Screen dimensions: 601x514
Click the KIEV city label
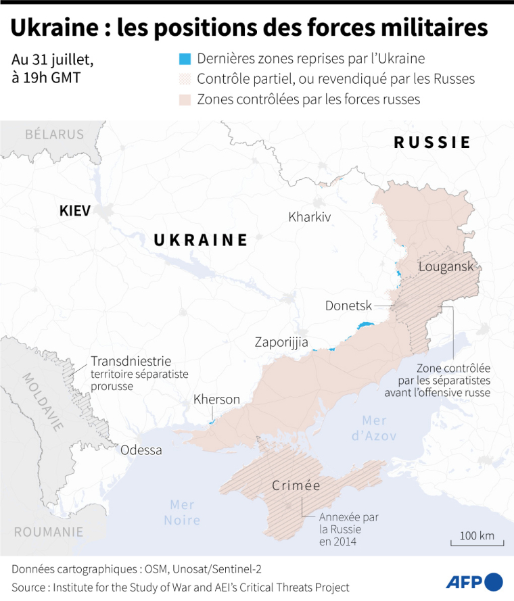coord(74,211)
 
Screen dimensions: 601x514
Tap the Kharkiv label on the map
coord(309,217)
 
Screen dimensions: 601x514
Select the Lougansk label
coord(446,266)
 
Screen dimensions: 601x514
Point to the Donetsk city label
coord(348,306)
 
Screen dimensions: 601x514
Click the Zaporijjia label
coord(281,342)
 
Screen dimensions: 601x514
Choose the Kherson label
coord(216,400)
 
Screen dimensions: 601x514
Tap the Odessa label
coord(141,450)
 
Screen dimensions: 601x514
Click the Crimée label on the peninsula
coord(296,485)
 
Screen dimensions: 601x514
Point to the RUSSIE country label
coord(432,143)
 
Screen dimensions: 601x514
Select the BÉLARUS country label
coord(54,134)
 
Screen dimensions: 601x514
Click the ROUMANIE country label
coord(48,531)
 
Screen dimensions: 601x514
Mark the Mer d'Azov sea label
coord(374,427)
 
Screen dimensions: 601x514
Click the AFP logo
coord(474,581)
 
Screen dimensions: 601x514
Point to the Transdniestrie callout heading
coord(131,361)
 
